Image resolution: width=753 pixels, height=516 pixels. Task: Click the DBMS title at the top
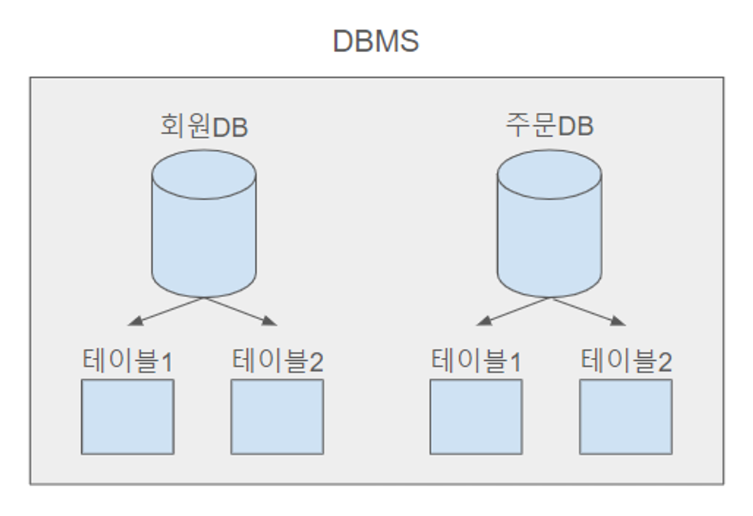pos(376,41)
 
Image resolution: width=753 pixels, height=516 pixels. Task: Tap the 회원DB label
pos(204,127)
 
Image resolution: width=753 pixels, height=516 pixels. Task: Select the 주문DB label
pos(549,127)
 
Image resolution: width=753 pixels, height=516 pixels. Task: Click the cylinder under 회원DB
pos(204,234)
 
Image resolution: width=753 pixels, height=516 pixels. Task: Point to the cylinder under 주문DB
pos(549,234)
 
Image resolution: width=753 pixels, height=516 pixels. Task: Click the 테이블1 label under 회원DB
pos(127,361)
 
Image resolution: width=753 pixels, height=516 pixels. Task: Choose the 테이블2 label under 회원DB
pos(277,361)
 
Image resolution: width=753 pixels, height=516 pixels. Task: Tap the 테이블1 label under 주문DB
pos(476,361)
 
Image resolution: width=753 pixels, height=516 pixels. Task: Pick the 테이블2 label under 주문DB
pos(626,361)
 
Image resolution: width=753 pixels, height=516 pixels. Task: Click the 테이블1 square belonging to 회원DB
pos(127,416)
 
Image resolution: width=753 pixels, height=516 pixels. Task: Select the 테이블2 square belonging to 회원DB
pos(277,416)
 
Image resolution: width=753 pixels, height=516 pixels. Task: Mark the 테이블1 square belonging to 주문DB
pos(476,416)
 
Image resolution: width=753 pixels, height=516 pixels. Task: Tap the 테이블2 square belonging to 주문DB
pos(626,416)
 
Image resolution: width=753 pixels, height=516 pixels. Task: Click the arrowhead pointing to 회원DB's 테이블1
pos(133,322)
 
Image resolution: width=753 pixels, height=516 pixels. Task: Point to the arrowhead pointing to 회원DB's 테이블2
pos(272,321)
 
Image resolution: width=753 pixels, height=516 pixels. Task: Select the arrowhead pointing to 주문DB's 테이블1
pos(482,322)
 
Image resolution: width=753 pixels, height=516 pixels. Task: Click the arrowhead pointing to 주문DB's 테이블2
pos(620,321)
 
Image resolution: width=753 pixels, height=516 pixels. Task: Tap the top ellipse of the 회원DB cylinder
pos(204,174)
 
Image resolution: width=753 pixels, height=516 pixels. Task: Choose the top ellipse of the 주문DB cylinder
pos(549,174)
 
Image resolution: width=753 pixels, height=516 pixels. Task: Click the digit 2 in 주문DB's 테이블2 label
pos(665,362)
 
